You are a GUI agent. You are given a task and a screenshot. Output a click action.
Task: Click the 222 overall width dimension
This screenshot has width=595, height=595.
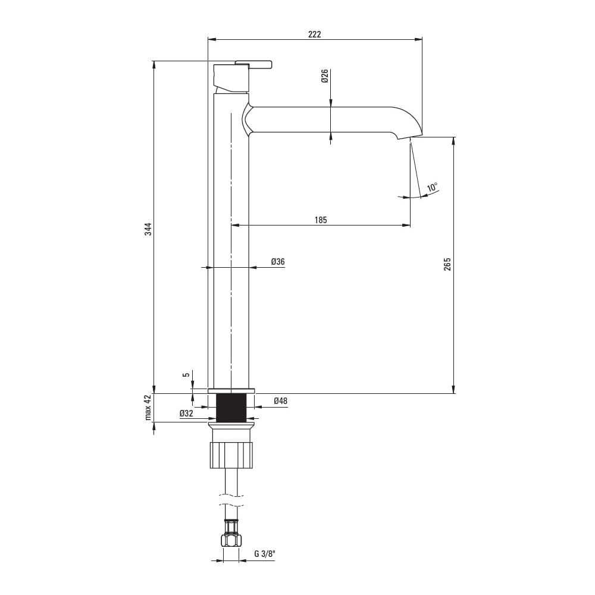click(315, 34)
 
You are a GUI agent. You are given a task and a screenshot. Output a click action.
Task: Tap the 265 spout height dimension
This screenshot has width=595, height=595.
click(447, 264)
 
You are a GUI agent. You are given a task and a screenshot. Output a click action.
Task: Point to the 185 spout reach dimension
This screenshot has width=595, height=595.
click(321, 220)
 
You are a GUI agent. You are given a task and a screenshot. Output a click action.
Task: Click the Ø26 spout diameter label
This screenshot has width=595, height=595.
click(324, 76)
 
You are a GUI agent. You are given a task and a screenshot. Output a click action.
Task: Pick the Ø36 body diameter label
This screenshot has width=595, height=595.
click(278, 261)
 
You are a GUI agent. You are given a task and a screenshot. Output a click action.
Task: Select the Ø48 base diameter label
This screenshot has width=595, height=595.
click(280, 400)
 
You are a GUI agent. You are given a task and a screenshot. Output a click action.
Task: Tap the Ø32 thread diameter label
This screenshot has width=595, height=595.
click(186, 414)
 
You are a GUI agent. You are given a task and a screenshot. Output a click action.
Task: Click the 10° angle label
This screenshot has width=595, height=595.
click(432, 187)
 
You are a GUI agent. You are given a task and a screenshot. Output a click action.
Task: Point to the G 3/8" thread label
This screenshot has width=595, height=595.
click(265, 553)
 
